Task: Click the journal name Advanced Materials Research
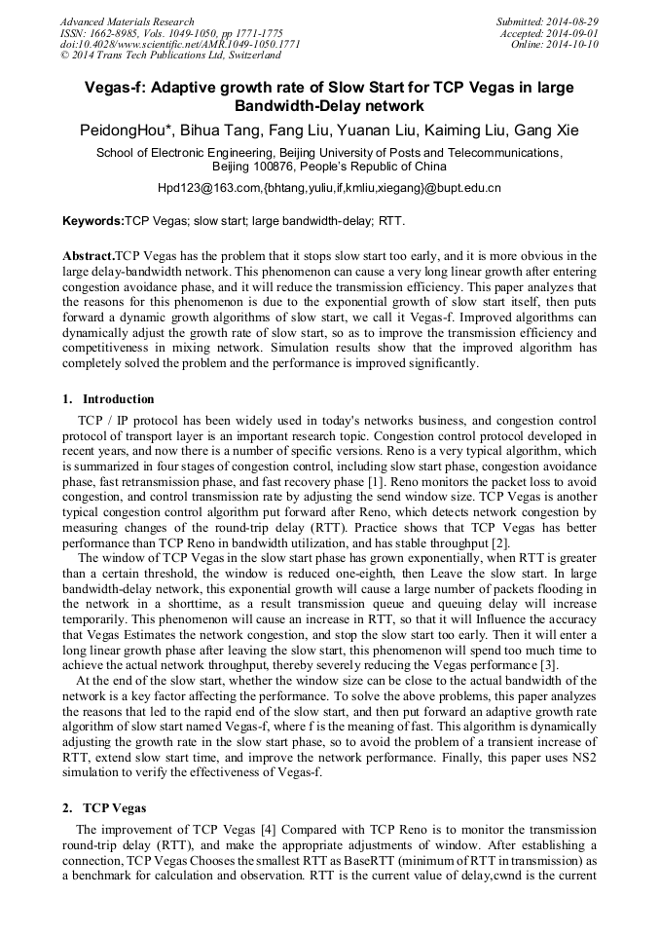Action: (x=127, y=21)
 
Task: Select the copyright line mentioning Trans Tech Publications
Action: (x=163, y=56)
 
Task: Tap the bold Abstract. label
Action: (x=89, y=256)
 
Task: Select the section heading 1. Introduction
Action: (x=108, y=399)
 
